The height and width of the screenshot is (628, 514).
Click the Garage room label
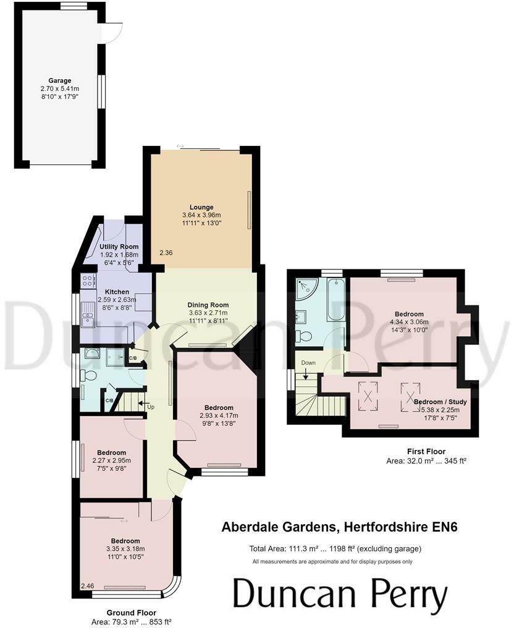click(60, 80)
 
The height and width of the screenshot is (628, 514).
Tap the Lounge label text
click(201, 207)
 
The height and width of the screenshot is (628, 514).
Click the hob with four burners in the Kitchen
click(86, 281)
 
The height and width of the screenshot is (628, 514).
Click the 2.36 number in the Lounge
click(166, 253)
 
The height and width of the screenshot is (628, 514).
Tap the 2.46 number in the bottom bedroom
click(88, 586)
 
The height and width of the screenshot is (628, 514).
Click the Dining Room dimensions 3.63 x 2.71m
click(208, 313)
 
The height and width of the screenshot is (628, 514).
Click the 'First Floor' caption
click(426, 452)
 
